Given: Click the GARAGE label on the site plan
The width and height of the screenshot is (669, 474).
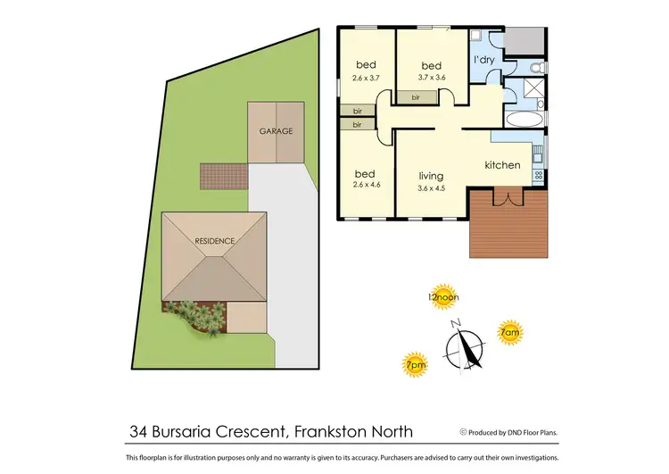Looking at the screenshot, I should click(x=276, y=131).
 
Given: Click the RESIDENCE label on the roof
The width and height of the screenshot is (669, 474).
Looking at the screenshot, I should click(x=214, y=241).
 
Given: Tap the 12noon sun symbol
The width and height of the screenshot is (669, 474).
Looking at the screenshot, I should click(x=443, y=298).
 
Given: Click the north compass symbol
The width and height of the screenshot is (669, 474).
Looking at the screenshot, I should click(x=466, y=344).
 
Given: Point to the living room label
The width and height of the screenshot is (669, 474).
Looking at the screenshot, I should click(x=431, y=176).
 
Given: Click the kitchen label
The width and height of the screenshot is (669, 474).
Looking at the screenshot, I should click(x=502, y=165).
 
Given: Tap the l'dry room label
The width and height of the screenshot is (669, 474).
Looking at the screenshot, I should click(x=483, y=60).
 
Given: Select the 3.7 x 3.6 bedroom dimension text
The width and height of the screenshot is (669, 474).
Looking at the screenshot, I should click(x=432, y=78).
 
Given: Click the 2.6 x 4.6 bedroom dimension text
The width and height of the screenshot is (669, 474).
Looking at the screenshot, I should click(x=366, y=186).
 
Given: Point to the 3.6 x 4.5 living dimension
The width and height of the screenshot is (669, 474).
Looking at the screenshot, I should click(x=431, y=187).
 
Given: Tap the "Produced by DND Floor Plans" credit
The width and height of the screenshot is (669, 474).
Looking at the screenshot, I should click(x=508, y=432).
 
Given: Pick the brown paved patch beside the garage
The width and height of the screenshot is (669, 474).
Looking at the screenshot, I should click(x=223, y=176).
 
